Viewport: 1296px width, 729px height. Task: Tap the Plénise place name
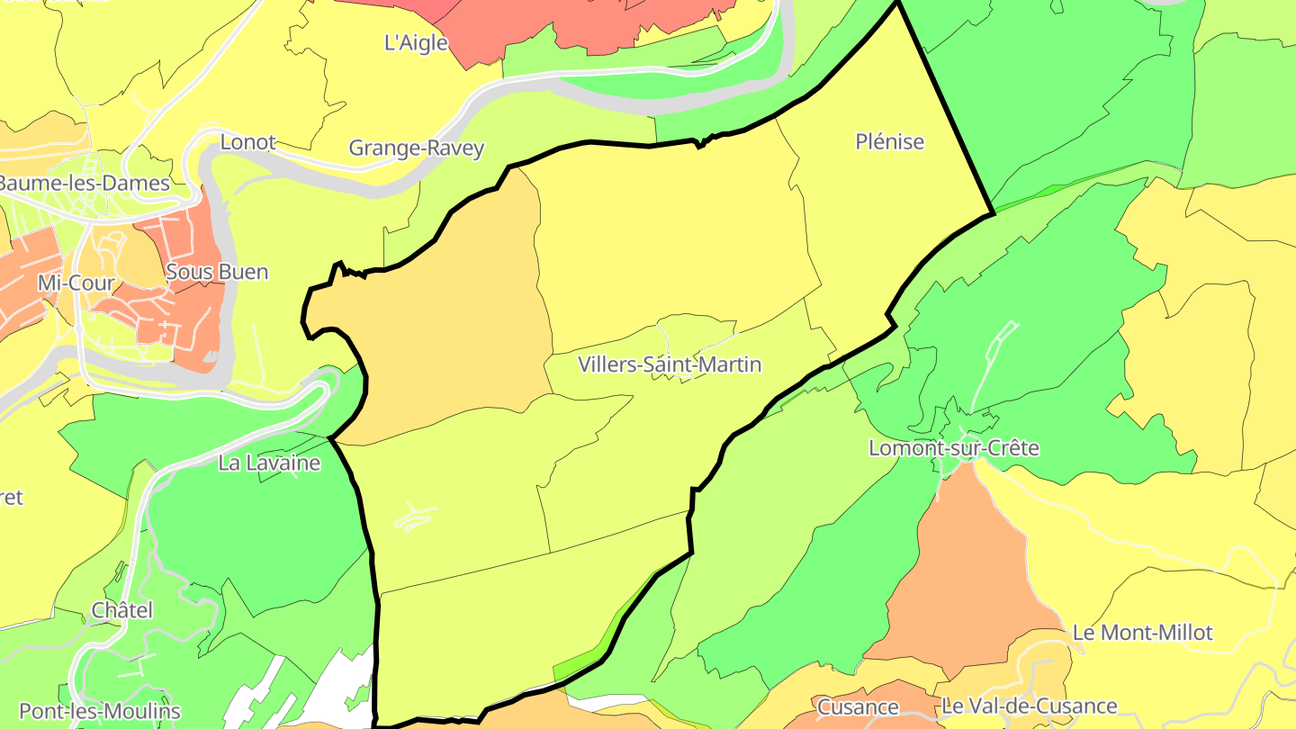(x=889, y=142)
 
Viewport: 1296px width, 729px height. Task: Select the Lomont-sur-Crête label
(x=953, y=448)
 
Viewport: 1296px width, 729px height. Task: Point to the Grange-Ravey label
(x=416, y=148)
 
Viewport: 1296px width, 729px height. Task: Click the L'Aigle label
(x=416, y=42)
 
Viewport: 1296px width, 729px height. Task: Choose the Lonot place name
(x=247, y=142)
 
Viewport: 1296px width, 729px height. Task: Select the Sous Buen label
(x=217, y=272)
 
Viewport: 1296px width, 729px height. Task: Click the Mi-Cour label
(x=76, y=283)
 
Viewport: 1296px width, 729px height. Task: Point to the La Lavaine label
(x=269, y=463)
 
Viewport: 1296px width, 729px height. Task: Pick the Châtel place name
(x=121, y=610)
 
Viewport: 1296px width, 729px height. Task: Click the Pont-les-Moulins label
(x=100, y=711)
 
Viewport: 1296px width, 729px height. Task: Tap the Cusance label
(x=858, y=707)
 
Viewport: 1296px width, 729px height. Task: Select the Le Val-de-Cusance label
(x=1029, y=706)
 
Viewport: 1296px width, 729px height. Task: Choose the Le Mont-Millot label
(x=1142, y=633)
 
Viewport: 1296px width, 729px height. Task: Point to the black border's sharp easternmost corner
(x=993, y=213)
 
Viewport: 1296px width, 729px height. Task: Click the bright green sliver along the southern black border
(x=580, y=667)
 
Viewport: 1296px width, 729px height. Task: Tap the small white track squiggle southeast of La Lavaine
(x=415, y=517)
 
